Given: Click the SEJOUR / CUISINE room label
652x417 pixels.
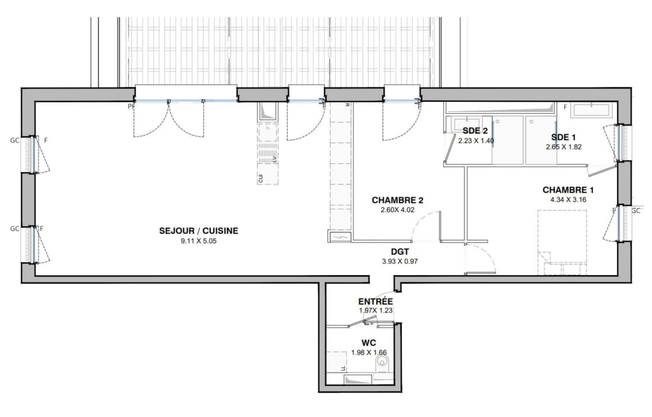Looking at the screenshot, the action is [x=199, y=231].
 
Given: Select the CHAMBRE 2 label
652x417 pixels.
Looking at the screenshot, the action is [x=397, y=200].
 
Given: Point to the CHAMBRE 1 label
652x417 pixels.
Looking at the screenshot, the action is [x=568, y=190].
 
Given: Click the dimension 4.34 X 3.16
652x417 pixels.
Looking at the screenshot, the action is [x=569, y=200].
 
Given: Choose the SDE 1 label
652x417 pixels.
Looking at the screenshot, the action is [x=563, y=137].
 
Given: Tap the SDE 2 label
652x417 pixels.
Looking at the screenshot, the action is [x=475, y=131].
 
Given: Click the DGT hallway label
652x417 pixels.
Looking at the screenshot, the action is [x=400, y=252].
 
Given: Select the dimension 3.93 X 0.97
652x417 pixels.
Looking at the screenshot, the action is [x=400, y=261].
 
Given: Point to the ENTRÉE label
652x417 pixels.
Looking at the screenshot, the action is [x=376, y=301].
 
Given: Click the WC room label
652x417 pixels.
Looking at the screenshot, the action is [x=369, y=343].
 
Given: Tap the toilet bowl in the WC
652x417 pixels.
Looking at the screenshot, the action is [x=382, y=366].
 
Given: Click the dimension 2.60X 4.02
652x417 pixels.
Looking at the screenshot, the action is [x=397, y=210].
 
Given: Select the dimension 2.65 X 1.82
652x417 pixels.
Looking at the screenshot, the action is [x=563, y=147].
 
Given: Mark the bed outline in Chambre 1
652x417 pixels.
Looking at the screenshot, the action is [x=562, y=243].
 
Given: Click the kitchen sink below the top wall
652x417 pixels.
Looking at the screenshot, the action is [x=268, y=112].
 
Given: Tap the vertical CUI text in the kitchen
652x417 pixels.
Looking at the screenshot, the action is [x=260, y=179].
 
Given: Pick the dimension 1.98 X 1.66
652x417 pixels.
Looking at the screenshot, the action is [x=369, y=353].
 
